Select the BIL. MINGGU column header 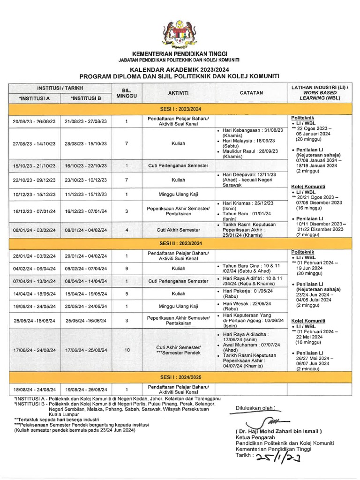coord(127,93)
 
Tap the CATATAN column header coord(251,93)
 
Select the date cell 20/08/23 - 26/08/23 coord(34,121)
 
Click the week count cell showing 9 coord(127,269)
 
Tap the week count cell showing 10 coord(127,350)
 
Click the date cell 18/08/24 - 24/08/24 coord(34,389)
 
